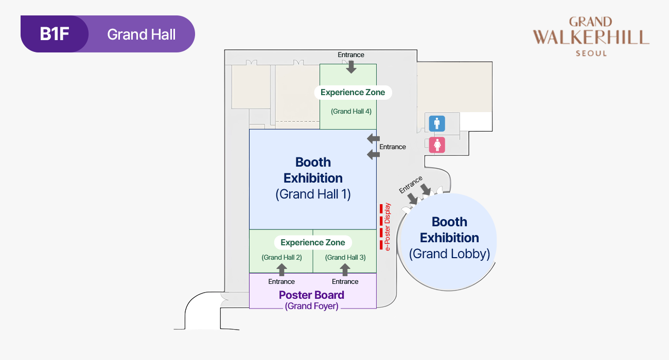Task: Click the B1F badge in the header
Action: (x=55, y=34)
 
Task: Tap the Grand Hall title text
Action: (x=142, y=34)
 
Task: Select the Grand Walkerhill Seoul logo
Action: (x=591, y=37)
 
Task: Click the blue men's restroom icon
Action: (x=437, y=123)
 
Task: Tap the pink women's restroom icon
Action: (x=437, y=145)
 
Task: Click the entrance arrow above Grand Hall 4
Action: (x=351, y=66)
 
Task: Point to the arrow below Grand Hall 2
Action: (x=281, y=269)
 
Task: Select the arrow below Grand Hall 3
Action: (x=345, y=269)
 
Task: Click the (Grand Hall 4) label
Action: (x=351, y=111)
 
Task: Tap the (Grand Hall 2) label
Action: (x=281, y=257)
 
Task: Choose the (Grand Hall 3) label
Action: (x=345, y=257)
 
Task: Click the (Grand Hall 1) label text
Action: (x=313, y=194)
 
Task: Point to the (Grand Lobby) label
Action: (x=449, y=254)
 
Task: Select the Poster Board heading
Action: (x=311, y=295)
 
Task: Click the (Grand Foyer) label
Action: (x=311, y=306)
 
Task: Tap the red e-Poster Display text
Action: (x=388, y=227)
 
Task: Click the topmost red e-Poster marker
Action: (x=381, y=208)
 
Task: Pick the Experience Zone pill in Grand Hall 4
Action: (x=353, y=93)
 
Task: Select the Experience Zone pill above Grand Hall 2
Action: (x=313, y=242)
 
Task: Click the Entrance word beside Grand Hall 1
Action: (x=393, y=147)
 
